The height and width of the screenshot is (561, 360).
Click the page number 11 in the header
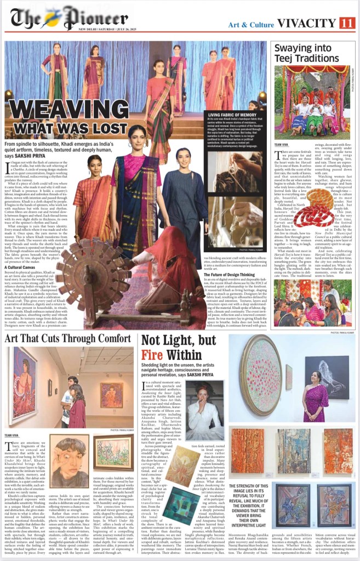tap(347, 23)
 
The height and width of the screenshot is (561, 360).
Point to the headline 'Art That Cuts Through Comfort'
tap(68, 339)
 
